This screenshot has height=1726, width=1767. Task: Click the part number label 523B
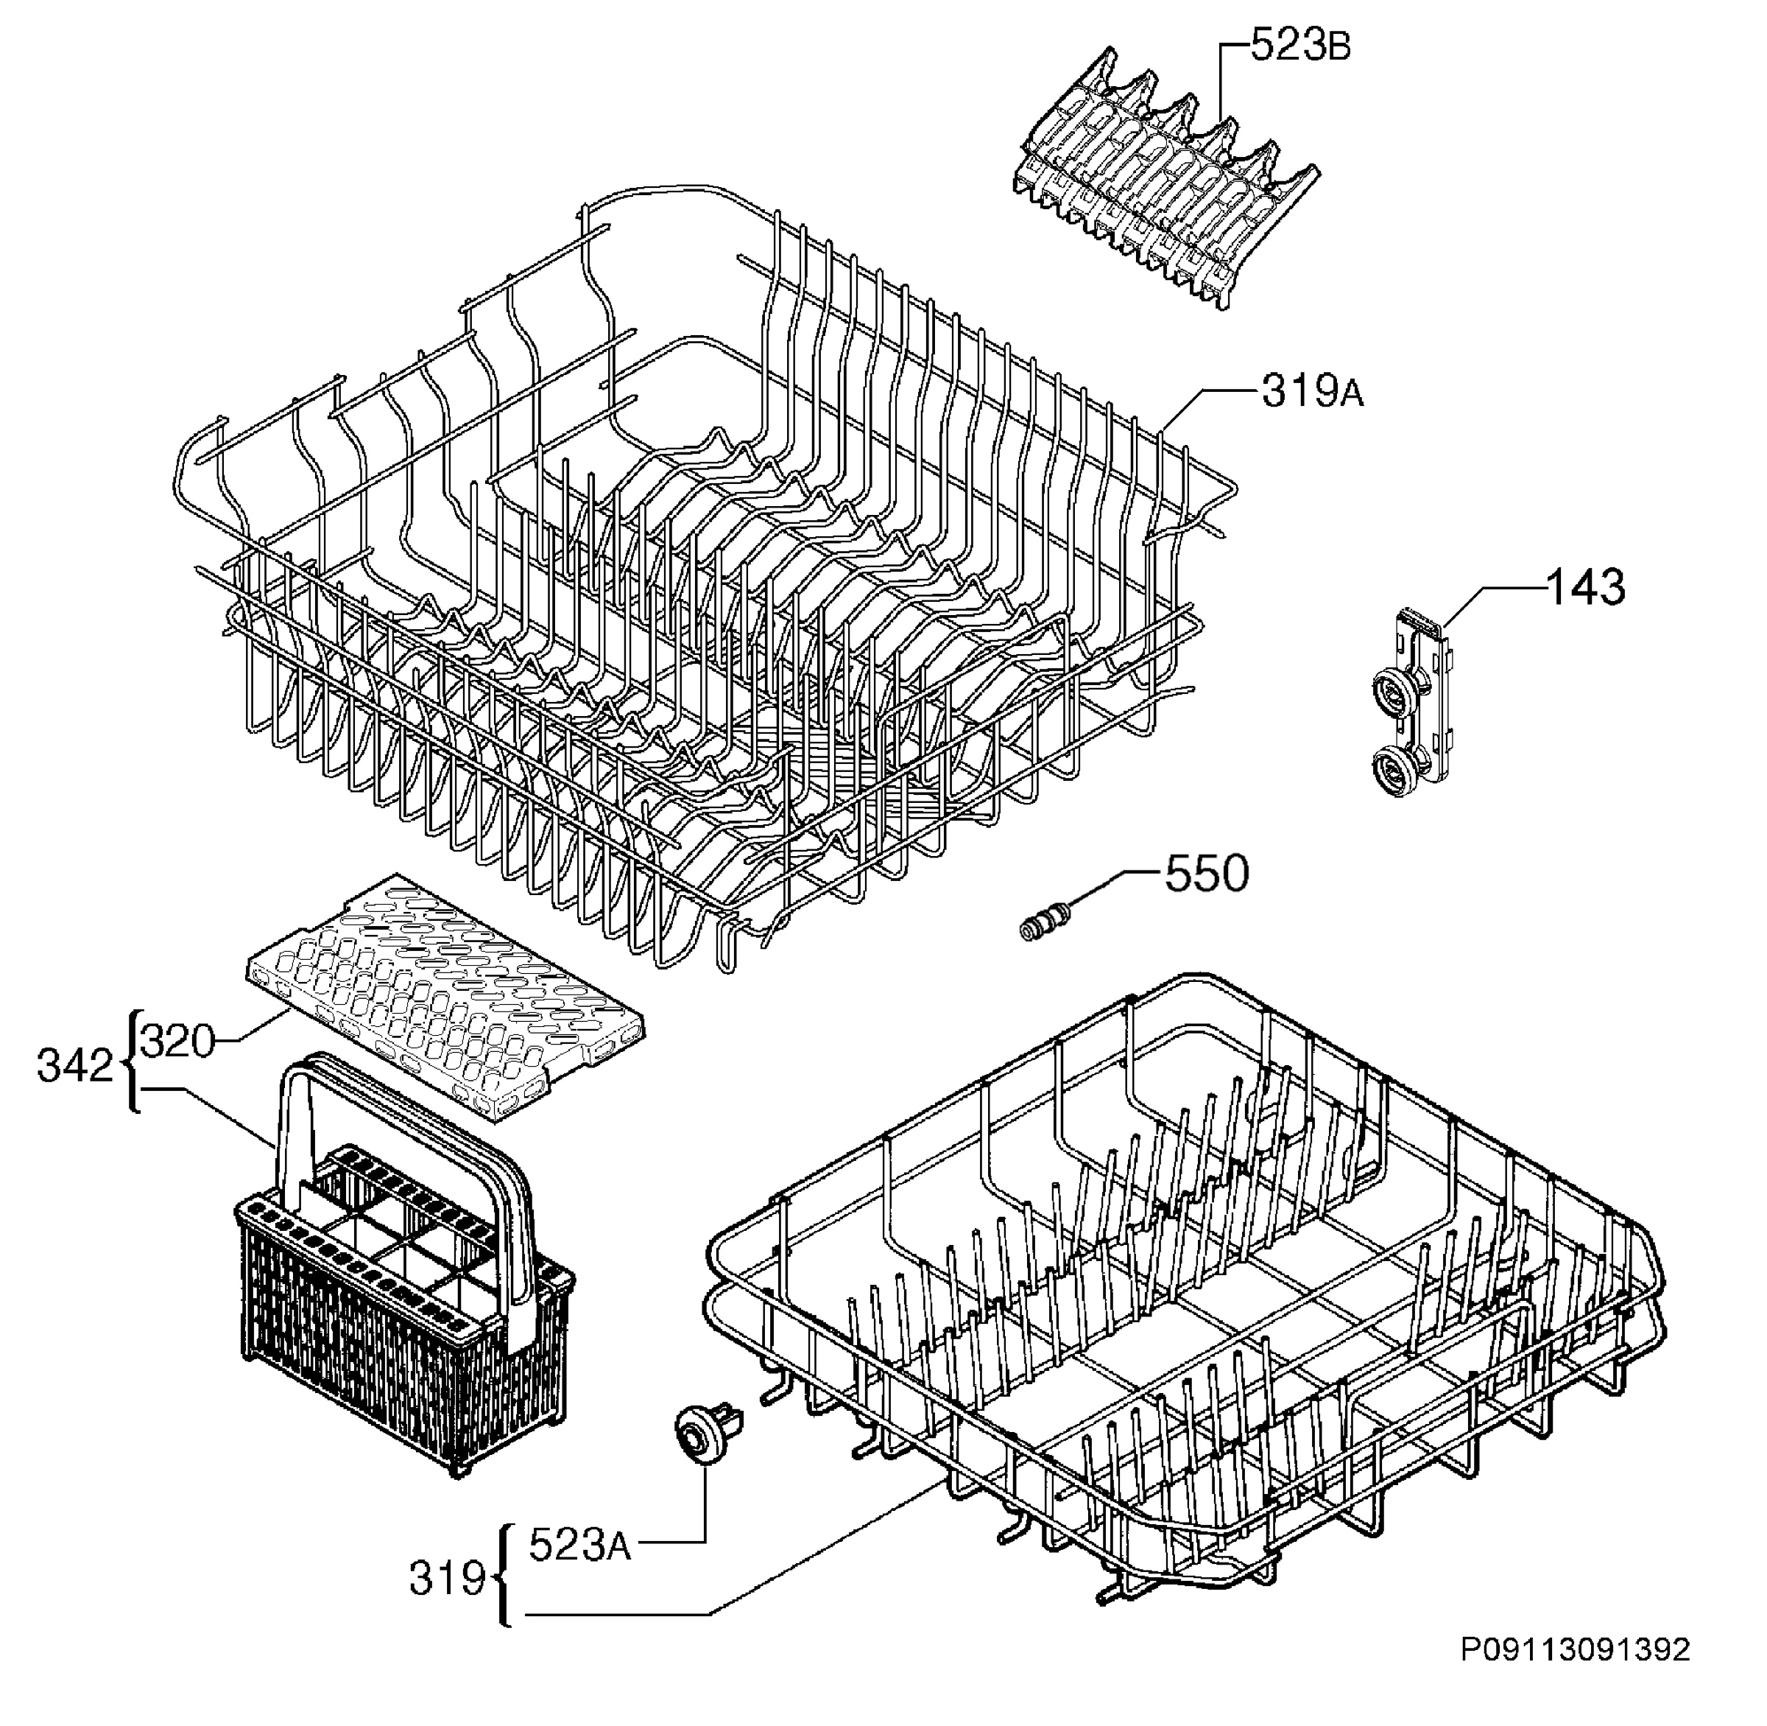click(x=1300, y=46)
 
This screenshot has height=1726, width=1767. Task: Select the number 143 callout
click(x=1586, y=587)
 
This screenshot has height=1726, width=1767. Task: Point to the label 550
click(x=1206, y=873)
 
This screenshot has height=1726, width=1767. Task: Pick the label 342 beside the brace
click(x=75, y=1066)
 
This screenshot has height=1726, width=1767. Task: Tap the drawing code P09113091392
click(x=1575, y=1649)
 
